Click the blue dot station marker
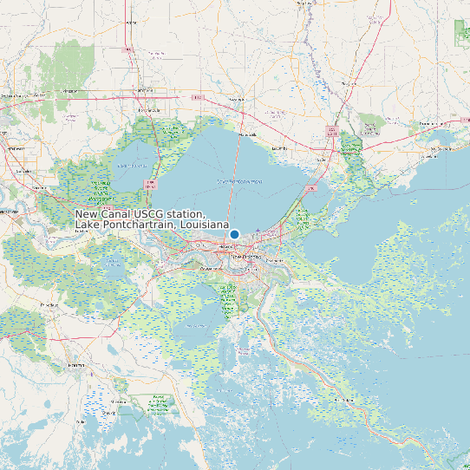[234, 234]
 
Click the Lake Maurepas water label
[133, 165]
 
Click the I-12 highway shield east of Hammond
[198, 97]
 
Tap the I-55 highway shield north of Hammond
[128, 49]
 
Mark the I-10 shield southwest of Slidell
[312, 187]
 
